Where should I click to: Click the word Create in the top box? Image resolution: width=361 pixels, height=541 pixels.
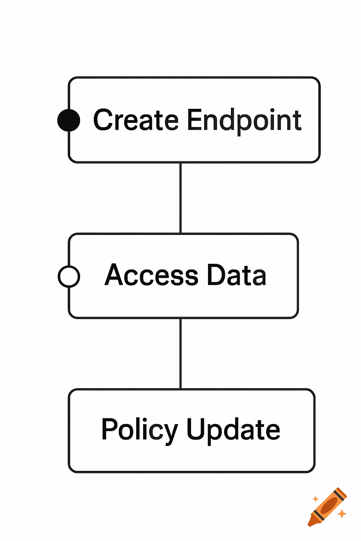pyautogui.click(x=136, y=120)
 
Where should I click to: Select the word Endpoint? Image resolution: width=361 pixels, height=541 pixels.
pyautogui.click(x=244, y=121)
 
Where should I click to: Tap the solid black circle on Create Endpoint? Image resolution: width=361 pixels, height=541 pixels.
pyautogui.click(x=69, y=120)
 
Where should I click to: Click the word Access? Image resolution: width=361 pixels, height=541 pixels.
pyautogui.click(x=152, y=275)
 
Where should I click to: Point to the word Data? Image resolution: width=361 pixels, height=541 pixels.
pyautogui.click(x=236, y=275)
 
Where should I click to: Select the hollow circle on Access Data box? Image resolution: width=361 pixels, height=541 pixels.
pyautogui.click(x=69, y=276)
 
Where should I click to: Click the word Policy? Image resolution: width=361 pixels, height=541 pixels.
pyautogui.click(x=140, y=430)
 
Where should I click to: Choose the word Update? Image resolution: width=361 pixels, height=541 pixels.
pyautogui.click(x=233, y=430)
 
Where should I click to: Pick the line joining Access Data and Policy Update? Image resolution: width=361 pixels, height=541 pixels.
pyautogui.click(x=180, y=354)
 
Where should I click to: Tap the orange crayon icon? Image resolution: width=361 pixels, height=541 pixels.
pyautogui.click(x=328, y=507)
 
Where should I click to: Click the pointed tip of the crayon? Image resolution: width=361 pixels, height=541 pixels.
pyautogui.click(x=310, y=524)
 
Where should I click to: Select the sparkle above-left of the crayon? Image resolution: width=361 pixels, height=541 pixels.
pyautogui.click(x=316, y=499)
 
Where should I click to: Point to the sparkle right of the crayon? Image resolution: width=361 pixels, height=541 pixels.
pyautogui.click(x=342, y=514)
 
